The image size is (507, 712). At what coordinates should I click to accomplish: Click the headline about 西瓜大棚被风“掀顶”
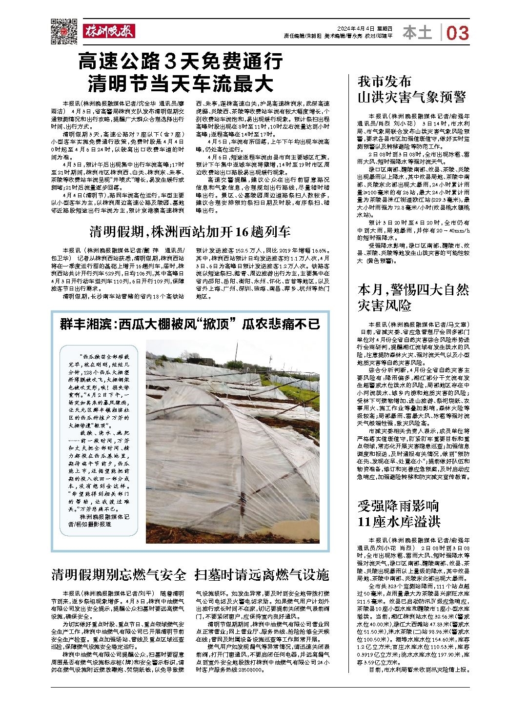point(190,324)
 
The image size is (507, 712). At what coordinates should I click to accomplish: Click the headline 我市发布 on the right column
point(385,81)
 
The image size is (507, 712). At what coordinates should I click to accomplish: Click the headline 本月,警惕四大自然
point(413,290)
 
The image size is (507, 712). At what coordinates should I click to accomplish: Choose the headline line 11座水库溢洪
point(399,522)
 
